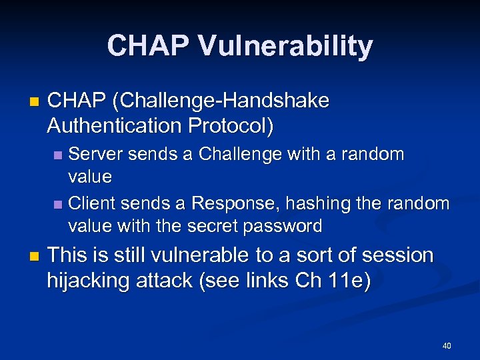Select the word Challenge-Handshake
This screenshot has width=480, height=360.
pos(221,101)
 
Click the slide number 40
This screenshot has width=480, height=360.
pos(447,346)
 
